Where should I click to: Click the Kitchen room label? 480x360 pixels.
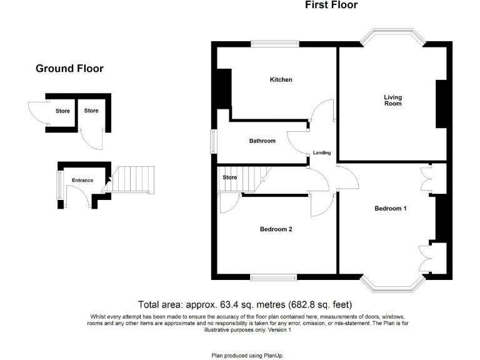[x=281, y=80]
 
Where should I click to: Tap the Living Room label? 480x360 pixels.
[x=393, y=100]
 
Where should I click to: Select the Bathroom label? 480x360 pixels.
[x=262, y=141]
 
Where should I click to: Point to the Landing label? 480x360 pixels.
[x=322, y=153]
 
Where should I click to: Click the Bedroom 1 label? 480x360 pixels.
[x=391, y=208]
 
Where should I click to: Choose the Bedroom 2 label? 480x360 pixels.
[x=276, y=229]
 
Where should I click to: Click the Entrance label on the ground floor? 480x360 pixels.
[x=82, y=181]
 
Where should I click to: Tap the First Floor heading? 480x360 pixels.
[x=331, y=6]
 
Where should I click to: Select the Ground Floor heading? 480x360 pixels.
[x=69, y=69]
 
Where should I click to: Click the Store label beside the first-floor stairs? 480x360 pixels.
[x=230, y=177]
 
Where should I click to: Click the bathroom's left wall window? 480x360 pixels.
[x=213, y=141]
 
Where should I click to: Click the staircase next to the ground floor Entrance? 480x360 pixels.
[x=132, y=179]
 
